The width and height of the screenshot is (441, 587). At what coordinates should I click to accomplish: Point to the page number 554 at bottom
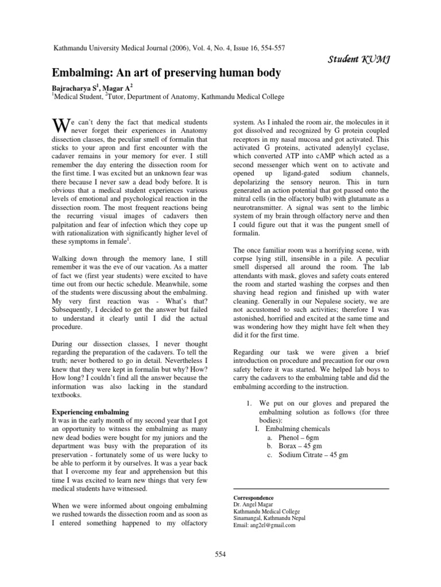point(221,553)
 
